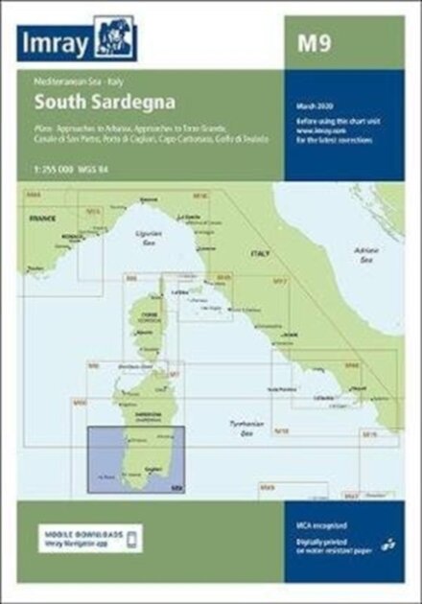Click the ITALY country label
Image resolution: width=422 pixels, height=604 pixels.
pos(259,252)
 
